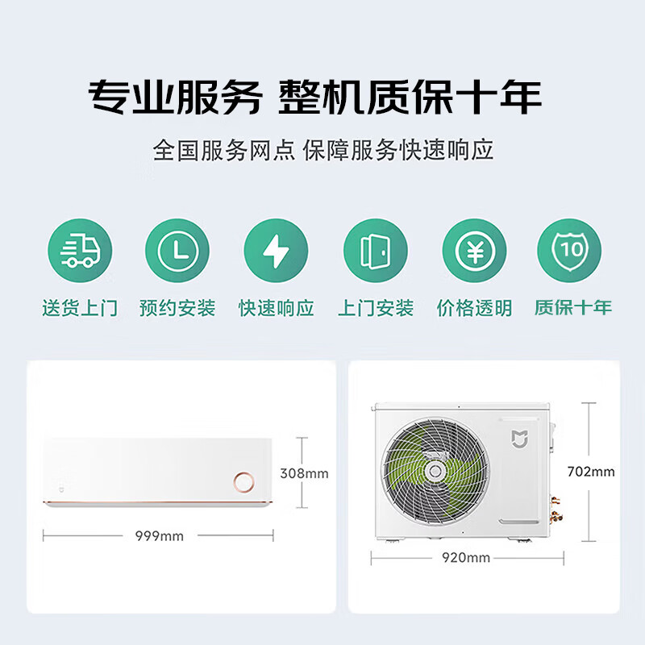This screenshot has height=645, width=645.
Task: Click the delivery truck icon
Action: pos(80,251)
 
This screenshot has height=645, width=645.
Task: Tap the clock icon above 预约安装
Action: pos(177,251)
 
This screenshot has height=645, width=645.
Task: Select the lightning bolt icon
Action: pos(276,251)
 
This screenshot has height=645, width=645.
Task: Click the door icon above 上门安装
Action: pos(376,251)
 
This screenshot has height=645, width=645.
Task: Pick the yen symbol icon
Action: pos(474,251)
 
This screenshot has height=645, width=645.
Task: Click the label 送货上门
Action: pos(80,308)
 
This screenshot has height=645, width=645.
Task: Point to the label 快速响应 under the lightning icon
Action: pos(277,308)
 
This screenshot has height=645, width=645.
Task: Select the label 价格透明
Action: pos(474,308)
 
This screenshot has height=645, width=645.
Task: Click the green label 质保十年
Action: pos(573,307)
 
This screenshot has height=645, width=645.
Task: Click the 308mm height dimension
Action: pos(305,473)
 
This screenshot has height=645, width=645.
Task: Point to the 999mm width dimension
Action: pos(159,536)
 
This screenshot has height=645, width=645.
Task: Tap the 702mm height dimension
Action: pos(591,472)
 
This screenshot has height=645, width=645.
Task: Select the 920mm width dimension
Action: pos(466,558)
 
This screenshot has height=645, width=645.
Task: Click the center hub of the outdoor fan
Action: pos(435,471)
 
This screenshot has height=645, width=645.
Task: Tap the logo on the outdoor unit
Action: pos(519,439)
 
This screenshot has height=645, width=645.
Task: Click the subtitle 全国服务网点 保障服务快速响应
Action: pos(323,150)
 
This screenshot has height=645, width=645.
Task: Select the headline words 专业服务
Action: pos(175,97)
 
